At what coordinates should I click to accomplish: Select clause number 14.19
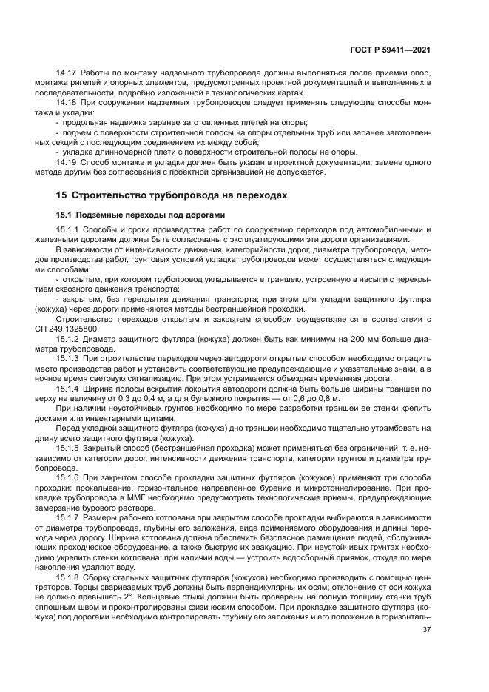coord(67,163)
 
